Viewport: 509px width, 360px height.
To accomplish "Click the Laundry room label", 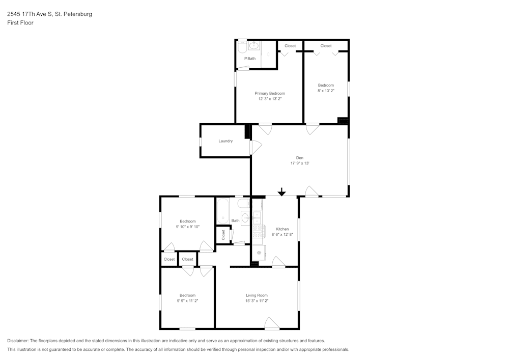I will [x=225, y=141].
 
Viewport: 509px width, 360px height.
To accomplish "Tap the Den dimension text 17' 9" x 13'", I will [x=300, y=163].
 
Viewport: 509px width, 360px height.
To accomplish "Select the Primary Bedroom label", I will [x=270, y=93].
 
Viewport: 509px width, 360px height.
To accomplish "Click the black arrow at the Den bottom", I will [x=281, y=192].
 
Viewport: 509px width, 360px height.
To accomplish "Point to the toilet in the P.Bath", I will [x=242, y=47].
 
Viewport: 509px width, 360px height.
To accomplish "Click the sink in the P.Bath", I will [x=254, y=46].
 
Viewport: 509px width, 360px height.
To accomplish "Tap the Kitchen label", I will [x=282, y=229].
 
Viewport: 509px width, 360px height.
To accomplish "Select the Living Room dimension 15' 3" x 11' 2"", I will [x=257, y=301].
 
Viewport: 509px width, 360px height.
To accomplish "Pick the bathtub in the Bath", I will [x=223, y=210].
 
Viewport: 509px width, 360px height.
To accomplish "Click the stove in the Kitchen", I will [x=258, y=232].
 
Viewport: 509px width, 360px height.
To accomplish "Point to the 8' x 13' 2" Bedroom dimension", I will [x=326, y=91].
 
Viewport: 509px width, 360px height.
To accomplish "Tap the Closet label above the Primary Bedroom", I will [x=290, y=46].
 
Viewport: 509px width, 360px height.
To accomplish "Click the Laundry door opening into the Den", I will [x=255, y=148].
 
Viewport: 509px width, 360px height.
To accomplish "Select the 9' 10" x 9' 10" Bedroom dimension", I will [x=187, y=227].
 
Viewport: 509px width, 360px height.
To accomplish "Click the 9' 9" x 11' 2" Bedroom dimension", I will [x=187, y=301].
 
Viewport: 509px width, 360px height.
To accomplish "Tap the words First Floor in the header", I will [x=20, y=23].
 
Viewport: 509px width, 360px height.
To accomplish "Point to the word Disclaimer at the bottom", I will [x=18, y=341].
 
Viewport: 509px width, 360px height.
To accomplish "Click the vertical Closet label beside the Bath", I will [x=223, y=235].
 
